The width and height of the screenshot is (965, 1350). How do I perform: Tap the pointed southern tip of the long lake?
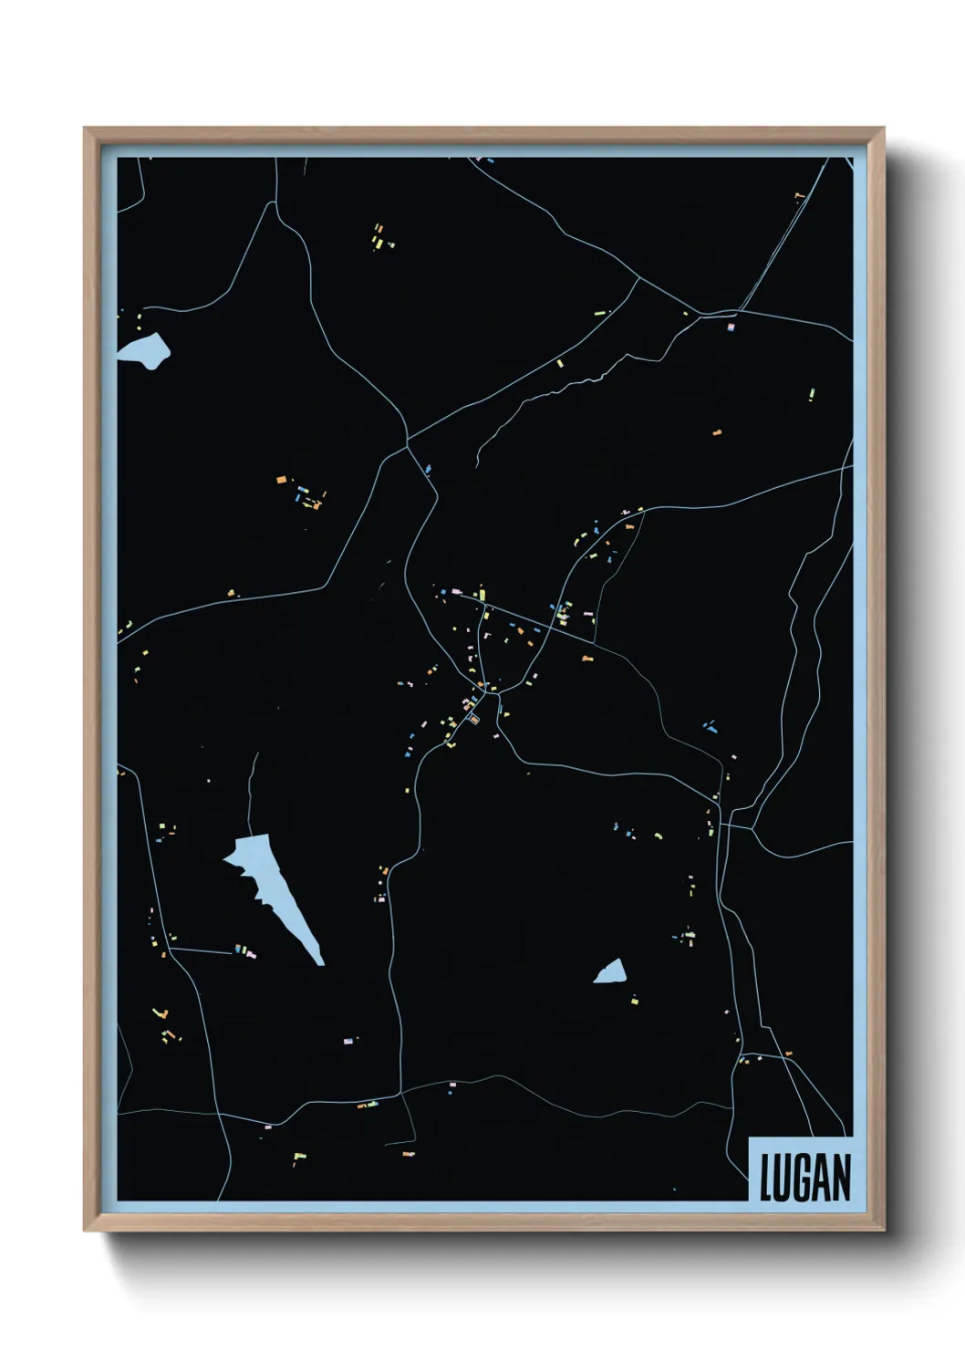pyautogui.click(x=320, y=961)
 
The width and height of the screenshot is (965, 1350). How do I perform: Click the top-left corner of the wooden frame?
pyautogui.click(x=86, y=130)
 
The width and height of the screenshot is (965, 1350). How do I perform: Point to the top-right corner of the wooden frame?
pyautogui.click(x=882, y=130)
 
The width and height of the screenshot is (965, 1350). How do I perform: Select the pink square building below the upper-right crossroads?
pyautogui.click(x=731, y=327)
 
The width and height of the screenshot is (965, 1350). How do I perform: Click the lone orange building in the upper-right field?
pyautogui.click(x=717, y=431)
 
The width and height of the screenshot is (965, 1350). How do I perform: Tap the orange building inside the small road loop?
pyautogui.click(x=474, y=720)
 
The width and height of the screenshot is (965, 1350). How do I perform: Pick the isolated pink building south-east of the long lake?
pyautogui.click(x=348, y=1040)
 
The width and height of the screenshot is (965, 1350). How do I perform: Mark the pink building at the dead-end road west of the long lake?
pyautogui.click(x=250, y=954)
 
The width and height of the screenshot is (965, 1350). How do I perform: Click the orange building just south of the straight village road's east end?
pyautogui.click(x=587, y=657)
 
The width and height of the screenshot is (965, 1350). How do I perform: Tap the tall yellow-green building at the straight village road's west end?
pyautogui.click(x=482, y=595)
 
